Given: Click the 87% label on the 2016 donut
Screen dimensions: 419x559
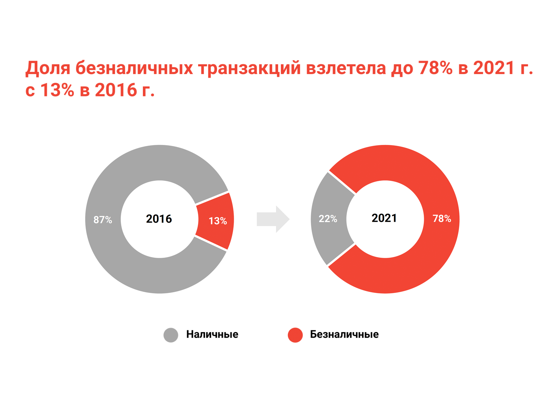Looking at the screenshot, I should pyautogui.click(x=103, y=220).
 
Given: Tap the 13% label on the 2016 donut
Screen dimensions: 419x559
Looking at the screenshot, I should pyautogui.click(x=218, y=221).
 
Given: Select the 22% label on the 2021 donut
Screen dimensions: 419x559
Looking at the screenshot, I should pyautogui.click(x=328, y=219).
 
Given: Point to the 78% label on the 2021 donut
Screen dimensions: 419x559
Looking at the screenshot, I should pyautogui.click(x=442, y=219).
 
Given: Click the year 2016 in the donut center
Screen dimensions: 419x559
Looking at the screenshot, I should pyautogui.click(x=159, y=219).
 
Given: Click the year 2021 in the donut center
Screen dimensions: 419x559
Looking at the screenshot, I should pyautogui.click(x=384, y=218).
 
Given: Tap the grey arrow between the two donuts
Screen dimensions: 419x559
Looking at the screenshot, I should pyautogui.click(x=273, y=219).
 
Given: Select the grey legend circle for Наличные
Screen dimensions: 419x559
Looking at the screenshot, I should pyautogui.click(x=171, y=335).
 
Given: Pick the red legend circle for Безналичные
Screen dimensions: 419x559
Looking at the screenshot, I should pyautogui.click(x=295, y=335).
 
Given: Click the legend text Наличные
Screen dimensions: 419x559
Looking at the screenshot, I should pyautogui.click(x=212, y=335).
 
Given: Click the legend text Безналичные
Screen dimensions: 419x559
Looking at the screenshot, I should pyautogui.click(x=344, y=335).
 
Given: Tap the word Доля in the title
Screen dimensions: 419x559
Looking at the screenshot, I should pyautogui.click(x=48, y=68).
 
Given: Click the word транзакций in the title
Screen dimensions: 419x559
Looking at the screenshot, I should pyautogui.click(x=249, y=68).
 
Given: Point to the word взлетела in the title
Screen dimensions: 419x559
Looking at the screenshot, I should pyautogui.click(x=346, y=68).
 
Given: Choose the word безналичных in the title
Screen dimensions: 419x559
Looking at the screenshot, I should pyautogui.click(x=134, y=68).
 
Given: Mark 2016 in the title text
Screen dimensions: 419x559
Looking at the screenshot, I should pyautogui.click(x=116, y=90).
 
